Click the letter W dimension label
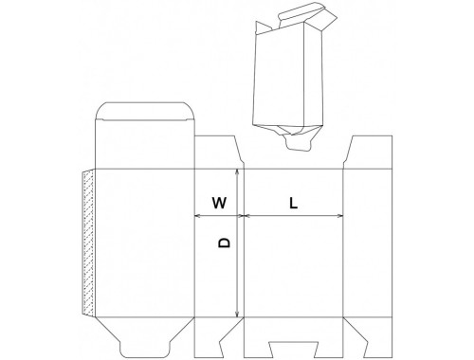click(x=219, y=203)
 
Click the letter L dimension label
click(x=294, y=203)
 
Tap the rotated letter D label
click(x=225, y=243)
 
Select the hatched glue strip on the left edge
click(x=88, y=243)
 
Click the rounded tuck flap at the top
click(x=145, y=111)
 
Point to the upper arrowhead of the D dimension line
click(x=237, y=171)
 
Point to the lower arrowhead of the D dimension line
click(x=237, y=315)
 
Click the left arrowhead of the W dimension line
click(x=197, y=216)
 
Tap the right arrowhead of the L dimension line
click(x=340, y=216)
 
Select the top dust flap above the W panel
click(x=218, y=153)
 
